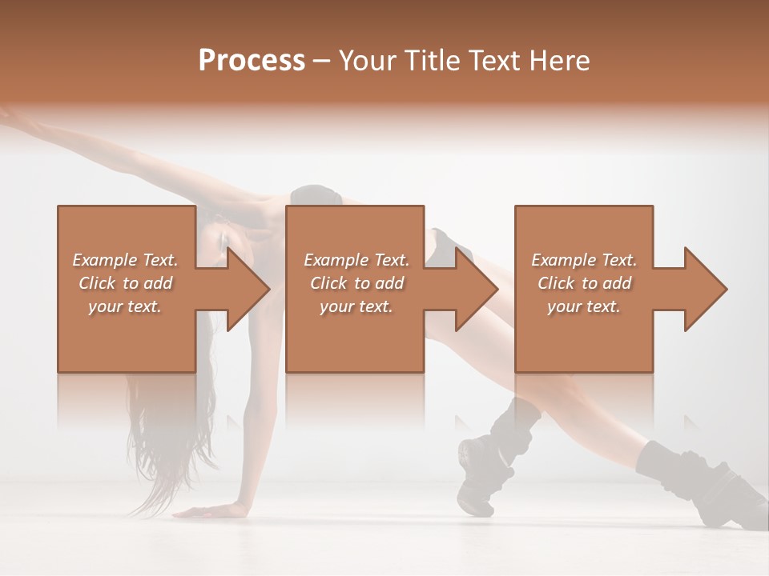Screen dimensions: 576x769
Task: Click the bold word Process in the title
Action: pos(252,61)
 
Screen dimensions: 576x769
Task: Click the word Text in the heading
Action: pos(495,61)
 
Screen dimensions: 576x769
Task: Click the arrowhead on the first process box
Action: pos(244,289)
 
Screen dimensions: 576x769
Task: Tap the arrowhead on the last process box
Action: pos(702,289)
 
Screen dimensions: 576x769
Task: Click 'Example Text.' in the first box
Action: pos(125,260)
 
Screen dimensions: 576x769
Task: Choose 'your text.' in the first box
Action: pos(125,306)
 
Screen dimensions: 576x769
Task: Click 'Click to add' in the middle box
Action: pos(356,283)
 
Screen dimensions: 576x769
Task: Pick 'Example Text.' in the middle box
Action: pos(356,260)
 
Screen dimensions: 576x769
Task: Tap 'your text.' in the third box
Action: pos(584,306)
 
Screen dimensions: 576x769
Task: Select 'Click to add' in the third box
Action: pos(584,283)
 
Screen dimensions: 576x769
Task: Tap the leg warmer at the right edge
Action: pos(681,472)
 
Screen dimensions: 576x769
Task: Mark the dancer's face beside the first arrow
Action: pos(216,240)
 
